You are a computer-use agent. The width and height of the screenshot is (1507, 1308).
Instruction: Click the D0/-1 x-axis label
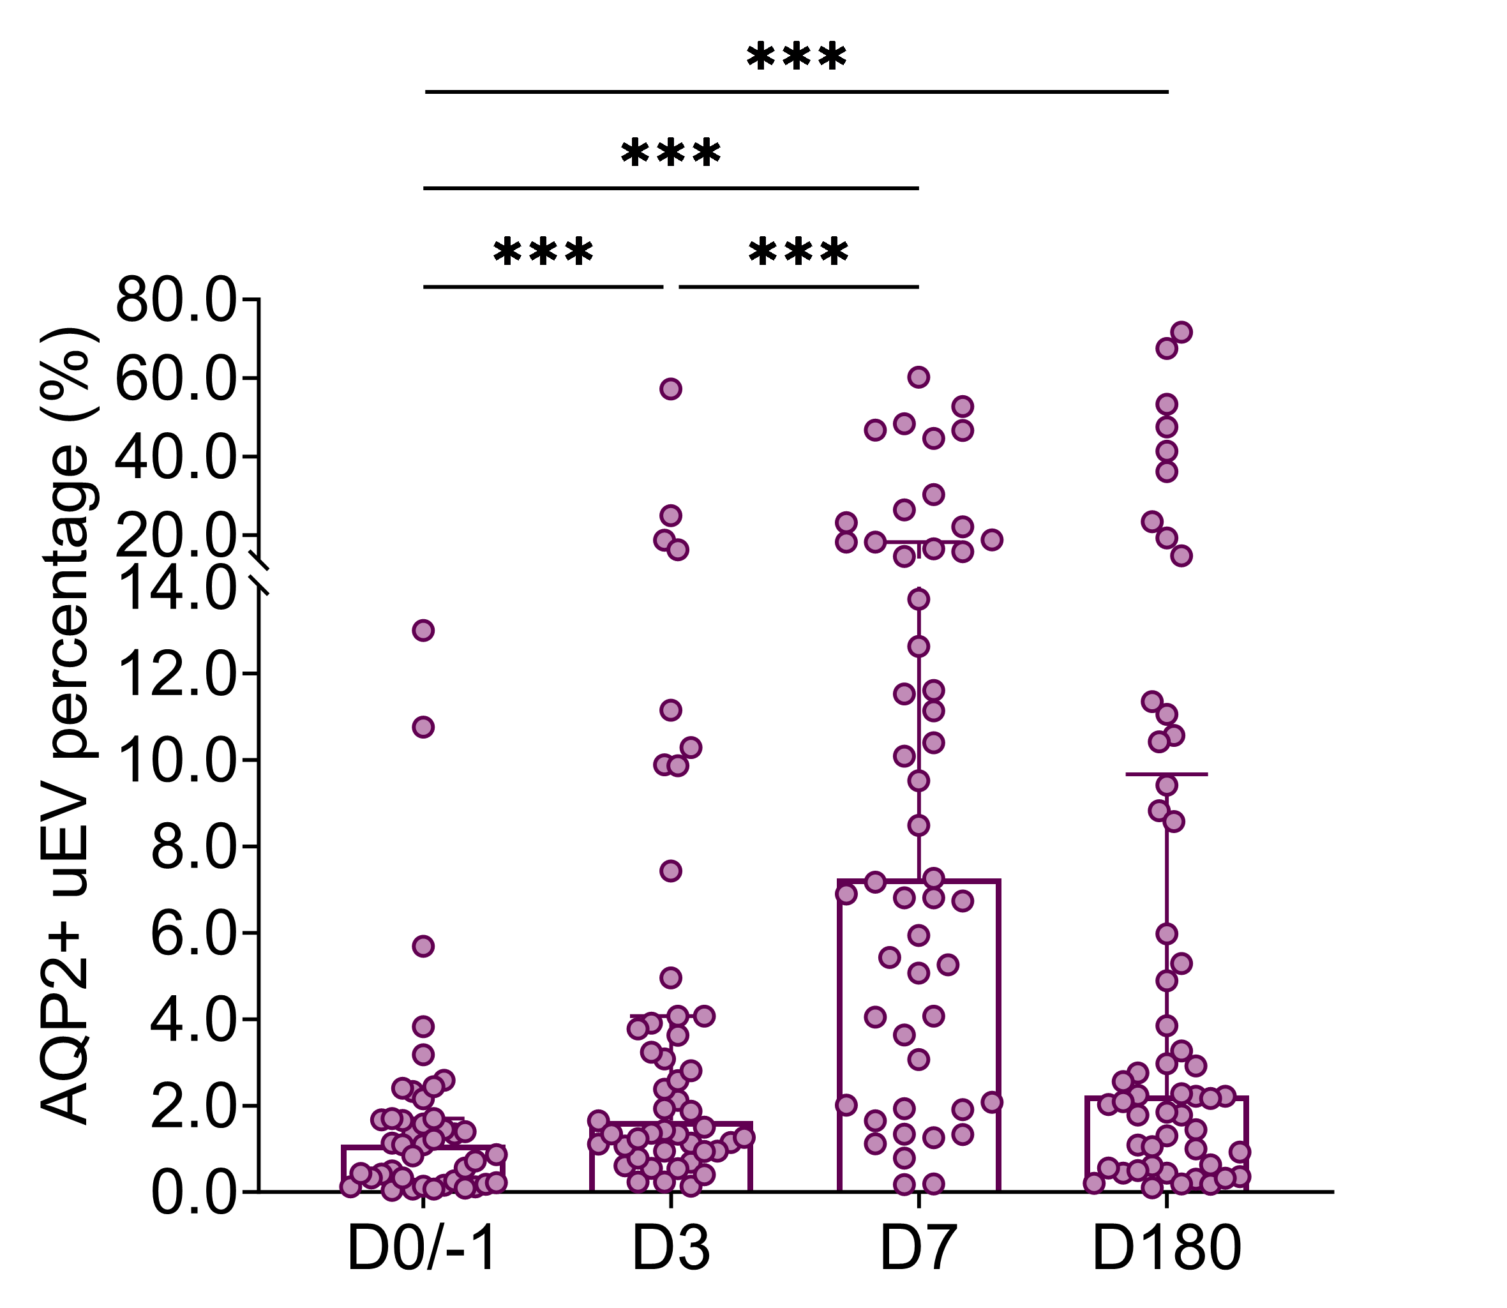423,1249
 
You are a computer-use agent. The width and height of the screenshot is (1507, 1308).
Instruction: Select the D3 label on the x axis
671,1249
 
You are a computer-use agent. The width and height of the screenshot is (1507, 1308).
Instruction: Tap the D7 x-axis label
918,1249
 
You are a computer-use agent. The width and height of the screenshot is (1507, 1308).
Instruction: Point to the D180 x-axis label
1166,1249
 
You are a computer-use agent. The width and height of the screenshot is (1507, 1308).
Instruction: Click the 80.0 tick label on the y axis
177,300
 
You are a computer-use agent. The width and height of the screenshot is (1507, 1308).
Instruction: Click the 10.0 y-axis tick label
177,760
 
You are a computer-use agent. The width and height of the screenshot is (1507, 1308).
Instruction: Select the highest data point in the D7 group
918,377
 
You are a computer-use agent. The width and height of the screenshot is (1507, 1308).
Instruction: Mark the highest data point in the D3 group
671,389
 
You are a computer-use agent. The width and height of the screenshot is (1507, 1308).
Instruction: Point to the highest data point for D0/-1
423,631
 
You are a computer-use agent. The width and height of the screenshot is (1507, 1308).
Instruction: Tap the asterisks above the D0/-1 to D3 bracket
544,253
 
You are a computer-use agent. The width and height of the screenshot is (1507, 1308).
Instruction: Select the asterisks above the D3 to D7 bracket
798,253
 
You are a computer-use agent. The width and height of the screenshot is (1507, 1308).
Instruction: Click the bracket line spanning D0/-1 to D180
796,92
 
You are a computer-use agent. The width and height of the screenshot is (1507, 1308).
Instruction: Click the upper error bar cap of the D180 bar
1166,774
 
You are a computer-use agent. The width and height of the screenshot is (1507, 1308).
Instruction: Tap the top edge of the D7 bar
918,881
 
